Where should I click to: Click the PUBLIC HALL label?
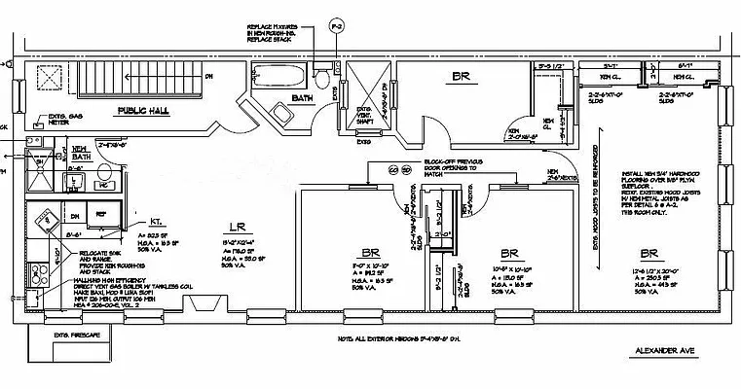coord(143,111)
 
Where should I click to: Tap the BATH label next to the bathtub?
coord(302,98)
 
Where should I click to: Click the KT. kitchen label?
coord(143,221)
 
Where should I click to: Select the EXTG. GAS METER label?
coord(69,124)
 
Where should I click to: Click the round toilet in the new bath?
coord(106,172)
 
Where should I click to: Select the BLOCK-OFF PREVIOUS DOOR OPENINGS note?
coord(452,168)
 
